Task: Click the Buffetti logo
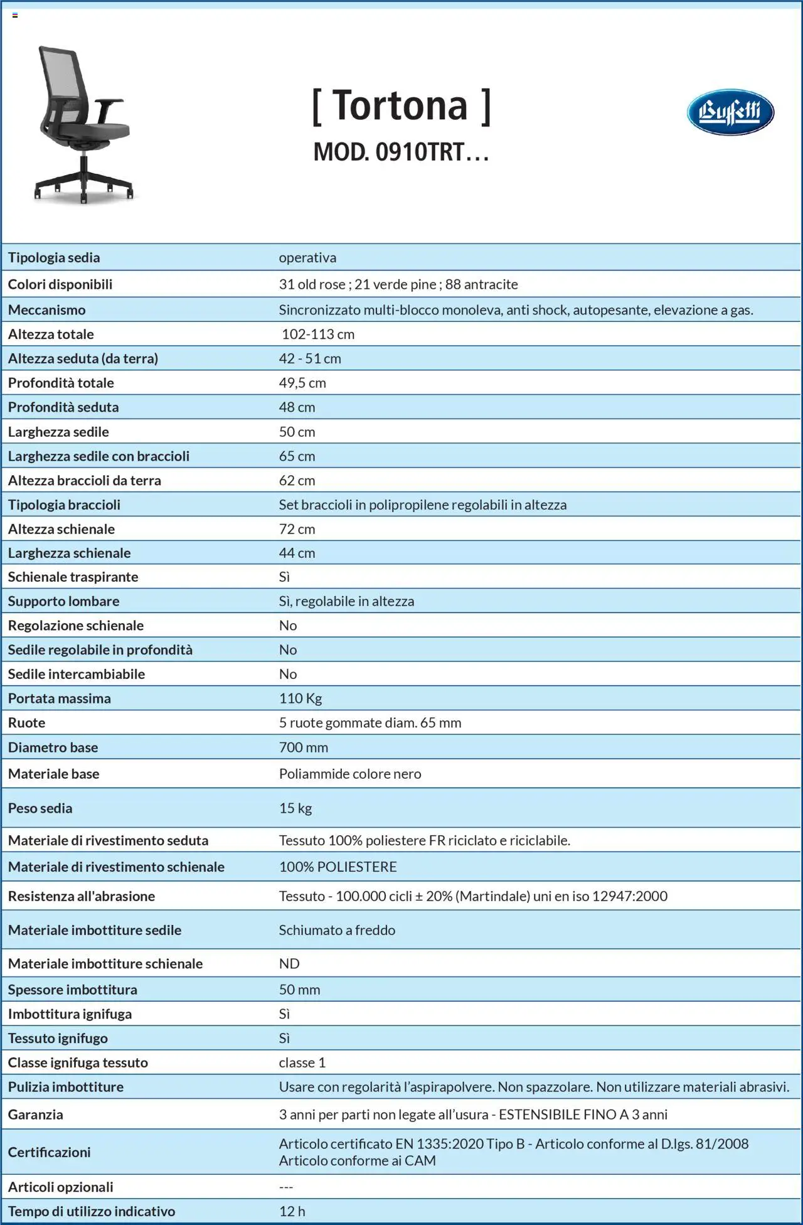pos(730,112)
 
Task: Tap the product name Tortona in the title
pos(401,105)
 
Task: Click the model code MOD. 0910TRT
pos(401,152)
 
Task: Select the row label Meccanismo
pos(46,310)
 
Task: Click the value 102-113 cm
pos(318,334)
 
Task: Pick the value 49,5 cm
pos(302,383)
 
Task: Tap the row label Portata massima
pos(59,698)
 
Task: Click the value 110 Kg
pos(300,698)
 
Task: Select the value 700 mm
pos(304,747)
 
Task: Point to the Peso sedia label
pos(40,808)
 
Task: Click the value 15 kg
pos(295,808)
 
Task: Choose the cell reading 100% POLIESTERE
pos(338,867)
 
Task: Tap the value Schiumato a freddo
pos(337,930)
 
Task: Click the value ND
pos(289,963)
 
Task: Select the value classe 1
pos(302,1062)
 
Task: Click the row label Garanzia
pos(35,1115)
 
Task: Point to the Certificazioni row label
pos(49,1152)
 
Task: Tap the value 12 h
pos(292,1211)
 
